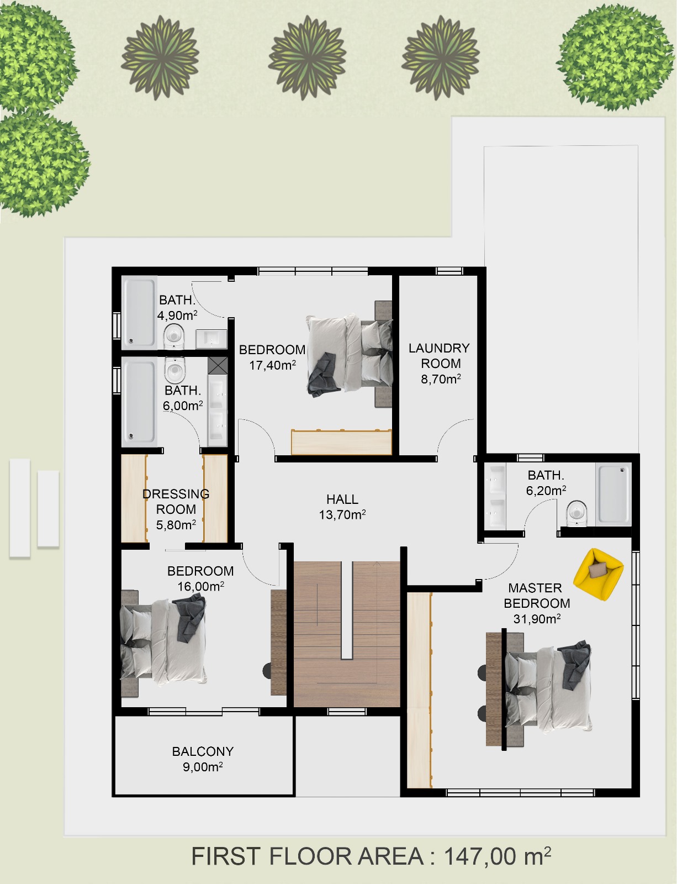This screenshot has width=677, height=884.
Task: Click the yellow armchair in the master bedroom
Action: point(598,575)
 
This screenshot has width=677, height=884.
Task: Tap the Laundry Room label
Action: point(439,356)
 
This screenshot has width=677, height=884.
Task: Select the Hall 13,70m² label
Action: point(342,507)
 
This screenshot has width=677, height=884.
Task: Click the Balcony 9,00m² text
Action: point(203,759)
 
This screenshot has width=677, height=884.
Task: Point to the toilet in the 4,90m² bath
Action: point(174,336)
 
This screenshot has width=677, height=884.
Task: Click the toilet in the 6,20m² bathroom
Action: point(577,514)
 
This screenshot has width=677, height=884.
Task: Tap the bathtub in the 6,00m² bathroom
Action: point(139,402)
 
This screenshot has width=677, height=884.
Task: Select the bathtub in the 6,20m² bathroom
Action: point(613,494)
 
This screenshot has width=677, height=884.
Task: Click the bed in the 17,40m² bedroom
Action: point(349,354)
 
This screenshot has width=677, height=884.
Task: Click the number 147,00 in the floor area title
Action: point(480,856)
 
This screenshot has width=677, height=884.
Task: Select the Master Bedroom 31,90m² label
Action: point(536,603)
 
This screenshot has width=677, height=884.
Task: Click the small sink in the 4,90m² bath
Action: point(211,339)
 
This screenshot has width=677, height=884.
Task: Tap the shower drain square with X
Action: point(218,365)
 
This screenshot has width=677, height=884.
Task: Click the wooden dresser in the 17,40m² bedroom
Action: point(342,442)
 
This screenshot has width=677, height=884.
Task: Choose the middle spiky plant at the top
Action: point(308,57)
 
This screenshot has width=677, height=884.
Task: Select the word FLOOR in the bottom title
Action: point(310,856)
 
